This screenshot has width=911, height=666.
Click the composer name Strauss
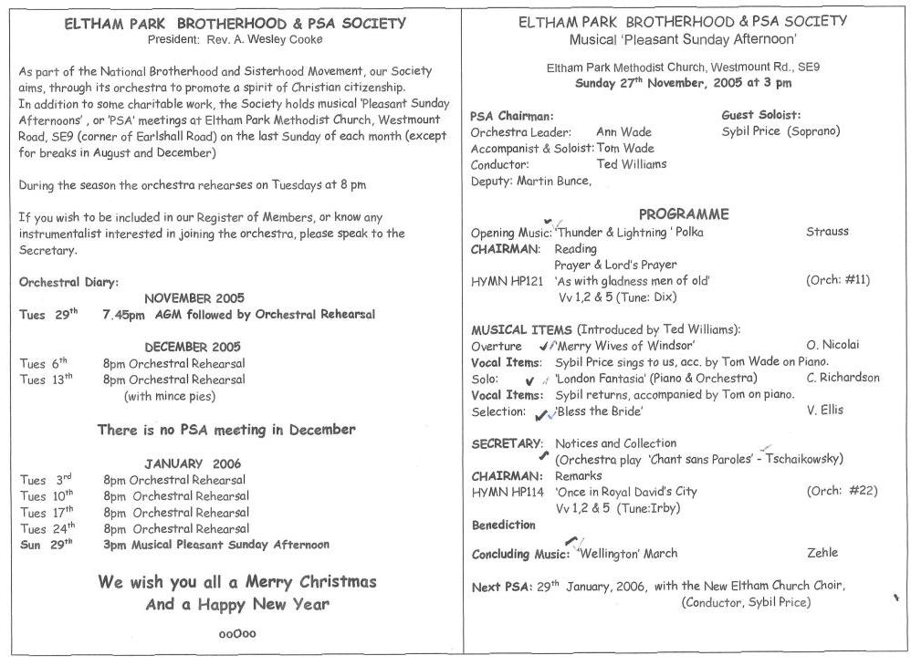(827, 232)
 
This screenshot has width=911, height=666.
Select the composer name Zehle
(822, 552)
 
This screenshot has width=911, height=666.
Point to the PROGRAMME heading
(684, 214)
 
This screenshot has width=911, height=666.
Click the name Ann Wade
(623, 132)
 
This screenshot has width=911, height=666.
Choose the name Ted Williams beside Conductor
(631, 164)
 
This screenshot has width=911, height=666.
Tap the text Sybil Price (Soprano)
(780, 131)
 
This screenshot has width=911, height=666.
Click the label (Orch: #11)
(842, 280)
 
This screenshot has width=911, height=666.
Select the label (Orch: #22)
(842, 491)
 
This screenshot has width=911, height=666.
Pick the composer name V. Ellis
(826, 411)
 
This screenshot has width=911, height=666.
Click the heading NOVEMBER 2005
(194, 297)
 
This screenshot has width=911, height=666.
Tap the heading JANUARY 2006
(193, 463)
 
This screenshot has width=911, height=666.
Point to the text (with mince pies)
(170, 396)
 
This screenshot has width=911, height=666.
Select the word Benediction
(504, 526)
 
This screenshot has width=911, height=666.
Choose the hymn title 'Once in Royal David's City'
(625, 492)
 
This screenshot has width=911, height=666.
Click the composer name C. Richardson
(843, 378)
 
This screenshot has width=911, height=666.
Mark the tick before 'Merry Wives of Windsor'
(545, 346)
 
